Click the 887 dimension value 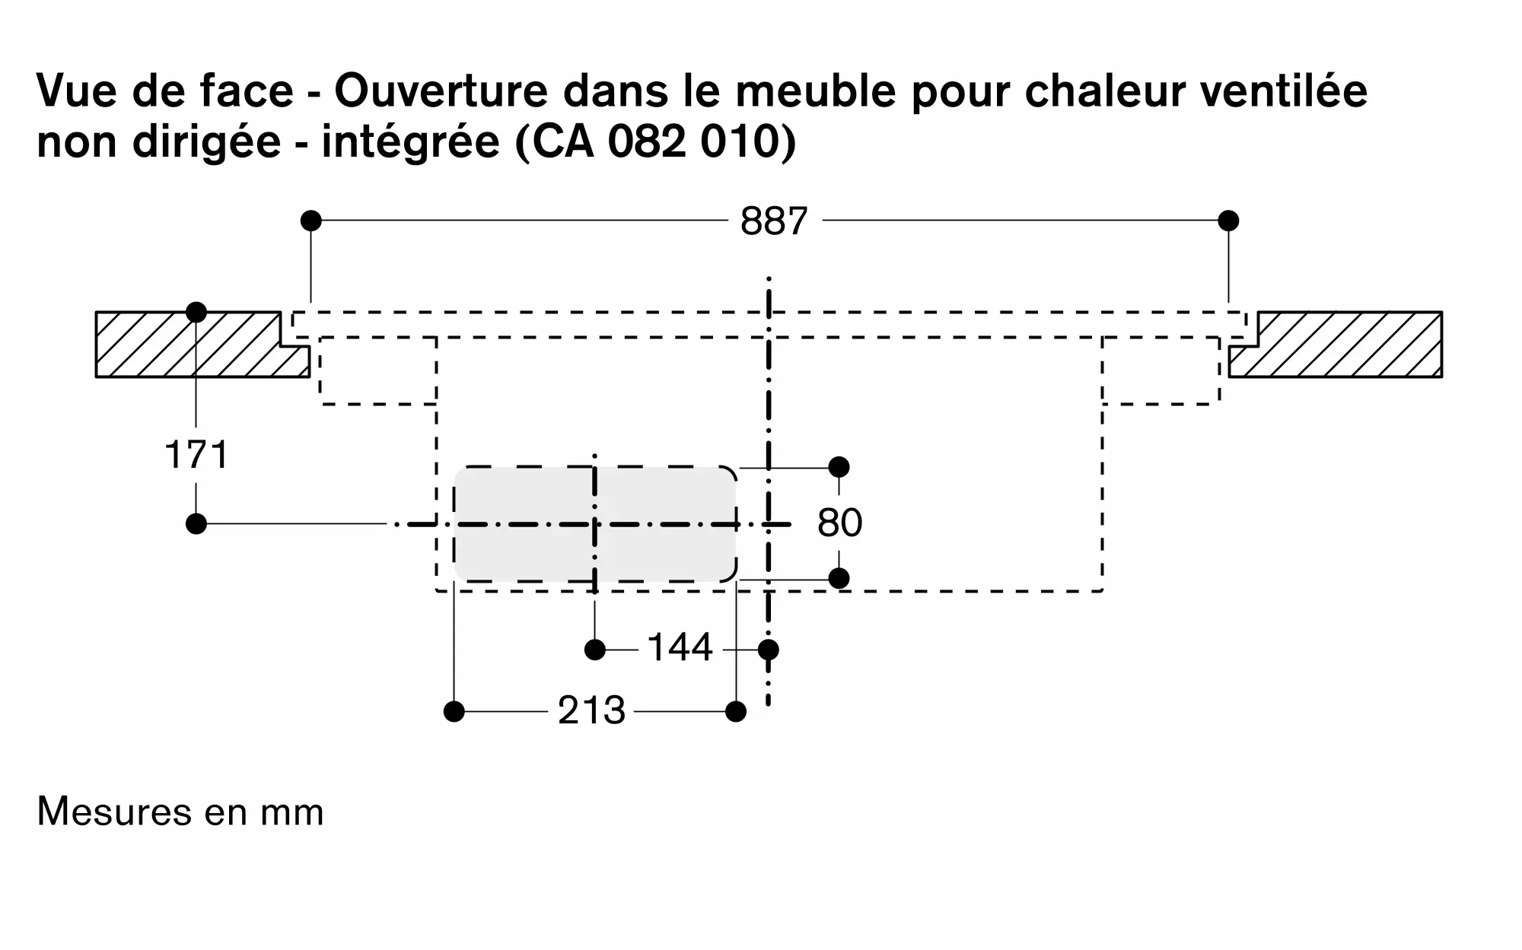tap(773, 221)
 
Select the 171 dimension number tap(196, 455)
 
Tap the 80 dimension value tap(839, 523)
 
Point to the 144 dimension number tap(679, 648)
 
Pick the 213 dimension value tap(591, 711)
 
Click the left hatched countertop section tap(190, 344)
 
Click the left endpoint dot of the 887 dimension tap(310, 221)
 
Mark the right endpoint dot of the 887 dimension tap(1228, 221)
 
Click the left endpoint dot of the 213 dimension tap(454, 712)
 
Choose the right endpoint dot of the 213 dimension tap(736, 712)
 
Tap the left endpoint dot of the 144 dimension tap(595, 650)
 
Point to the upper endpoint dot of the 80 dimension tap(839, 466)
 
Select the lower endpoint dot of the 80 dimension tap(839, 578)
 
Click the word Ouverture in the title tap(441, 91)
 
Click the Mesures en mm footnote tap(180, 812)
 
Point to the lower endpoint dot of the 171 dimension tap(196, 523)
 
